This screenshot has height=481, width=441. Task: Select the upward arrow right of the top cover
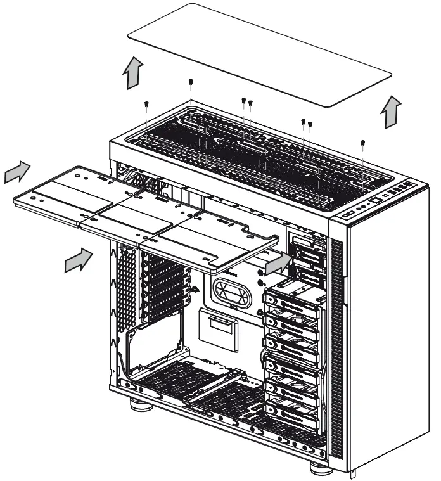(392, 113)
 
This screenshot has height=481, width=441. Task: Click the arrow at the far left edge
(17, 172)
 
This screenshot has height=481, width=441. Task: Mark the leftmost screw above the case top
(147, 105)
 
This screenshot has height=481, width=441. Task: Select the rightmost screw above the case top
(362, 143)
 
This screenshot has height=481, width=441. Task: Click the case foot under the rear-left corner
(141, 405)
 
